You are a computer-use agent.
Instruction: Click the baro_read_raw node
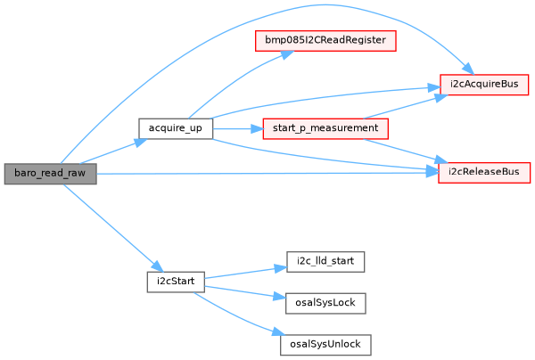click(49, 174)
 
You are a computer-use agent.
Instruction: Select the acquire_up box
click(175, 128)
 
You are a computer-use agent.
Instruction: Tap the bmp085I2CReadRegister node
click(325, 41)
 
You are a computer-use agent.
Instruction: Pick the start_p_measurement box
click(325, 128)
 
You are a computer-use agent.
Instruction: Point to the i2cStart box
click(175, 281)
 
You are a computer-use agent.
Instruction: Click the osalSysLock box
click(325, 302)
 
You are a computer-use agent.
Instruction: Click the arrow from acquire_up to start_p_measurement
click(236, 128)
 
